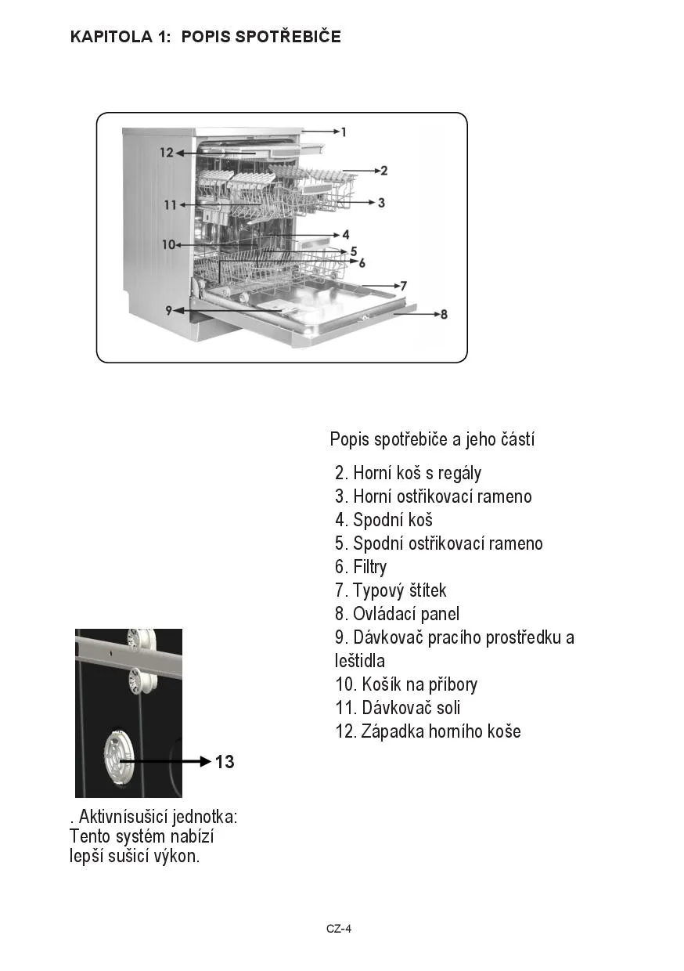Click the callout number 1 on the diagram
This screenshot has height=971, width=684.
[x=344, y=132]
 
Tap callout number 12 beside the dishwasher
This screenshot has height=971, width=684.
[x=167, y=153]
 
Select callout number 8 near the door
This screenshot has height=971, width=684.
[x=444, y=315]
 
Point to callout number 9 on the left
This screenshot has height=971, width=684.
[x=168, y=310]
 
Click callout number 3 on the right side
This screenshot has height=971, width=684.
[x=381, y=203]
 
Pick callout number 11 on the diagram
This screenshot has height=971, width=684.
[x=171, y=205]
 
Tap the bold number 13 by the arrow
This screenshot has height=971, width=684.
[x=225, y=761]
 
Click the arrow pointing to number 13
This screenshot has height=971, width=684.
[x=164, y=760]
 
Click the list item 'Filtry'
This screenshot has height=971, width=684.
[x=361, y=567]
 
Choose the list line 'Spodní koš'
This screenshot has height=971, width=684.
[x=383, y=520]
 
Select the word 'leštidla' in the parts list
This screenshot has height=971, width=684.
[x=360, y=660]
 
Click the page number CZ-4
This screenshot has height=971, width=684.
[x=339, y=929]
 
